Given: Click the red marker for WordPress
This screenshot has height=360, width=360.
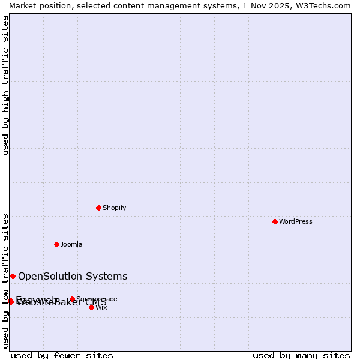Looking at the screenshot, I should pos(275,221).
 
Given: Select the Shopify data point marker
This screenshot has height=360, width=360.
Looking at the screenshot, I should pos(98,208).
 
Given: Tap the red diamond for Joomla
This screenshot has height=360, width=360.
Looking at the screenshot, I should pos(56,244).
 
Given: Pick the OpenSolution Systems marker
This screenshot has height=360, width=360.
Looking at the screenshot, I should pos(13,276).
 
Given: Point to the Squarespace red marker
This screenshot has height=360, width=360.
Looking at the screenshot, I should pos(72,299).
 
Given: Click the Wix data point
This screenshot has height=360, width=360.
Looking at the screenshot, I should pos(91,307).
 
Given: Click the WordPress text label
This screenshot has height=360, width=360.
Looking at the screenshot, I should pos(296,221).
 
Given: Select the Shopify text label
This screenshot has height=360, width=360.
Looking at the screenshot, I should pos(114,208).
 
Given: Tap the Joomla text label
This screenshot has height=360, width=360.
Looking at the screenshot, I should pos(71,244).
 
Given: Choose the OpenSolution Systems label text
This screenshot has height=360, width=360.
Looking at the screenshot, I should pos(73,276).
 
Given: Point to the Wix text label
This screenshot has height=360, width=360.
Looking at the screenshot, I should pos(101,307).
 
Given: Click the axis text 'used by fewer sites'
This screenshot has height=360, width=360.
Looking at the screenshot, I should pos(62,355).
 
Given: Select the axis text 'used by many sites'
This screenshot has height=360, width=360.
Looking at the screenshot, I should pos(301,355).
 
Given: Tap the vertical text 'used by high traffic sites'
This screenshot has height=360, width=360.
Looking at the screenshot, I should pos(5,85).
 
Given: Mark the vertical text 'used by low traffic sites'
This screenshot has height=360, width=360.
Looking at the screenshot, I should pos(5,281).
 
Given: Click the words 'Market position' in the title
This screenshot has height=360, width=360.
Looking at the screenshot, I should pos(35,5).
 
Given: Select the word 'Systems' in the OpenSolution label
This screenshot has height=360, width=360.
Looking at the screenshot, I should pos(107,276).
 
